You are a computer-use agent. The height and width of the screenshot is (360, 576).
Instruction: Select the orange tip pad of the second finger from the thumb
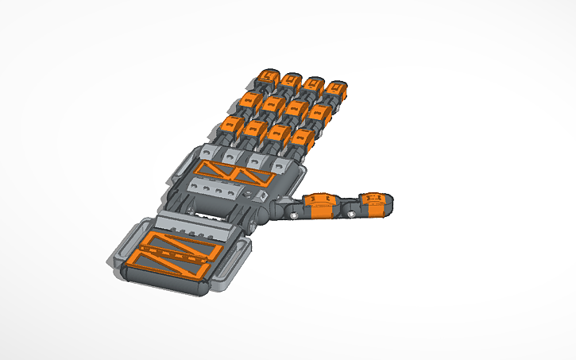pyautogui.click(x=314, y=84)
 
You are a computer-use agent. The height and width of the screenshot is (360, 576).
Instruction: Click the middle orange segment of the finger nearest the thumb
pyautogui.click(x=321, y=114)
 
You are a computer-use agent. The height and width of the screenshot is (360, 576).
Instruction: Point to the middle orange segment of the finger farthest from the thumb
pyautogui.click(x=250, y=101)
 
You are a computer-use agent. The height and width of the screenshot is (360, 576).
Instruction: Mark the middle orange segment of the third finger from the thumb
pyautogui.click(x=273, y=105)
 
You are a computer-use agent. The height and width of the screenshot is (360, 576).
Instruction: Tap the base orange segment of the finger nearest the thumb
pyautogui.click(x=301, y=139)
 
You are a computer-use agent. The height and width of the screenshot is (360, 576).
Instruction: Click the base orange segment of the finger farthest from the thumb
pyautogui.click(x=232, y=125)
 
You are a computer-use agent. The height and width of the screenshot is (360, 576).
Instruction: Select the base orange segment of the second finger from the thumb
pyautogui.click(x=278, y=134)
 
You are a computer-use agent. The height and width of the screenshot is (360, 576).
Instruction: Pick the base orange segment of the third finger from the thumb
pyautogui.click(x=255, y=130)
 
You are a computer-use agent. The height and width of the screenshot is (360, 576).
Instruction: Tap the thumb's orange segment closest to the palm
pyautogui.click(x=321, y=205)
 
